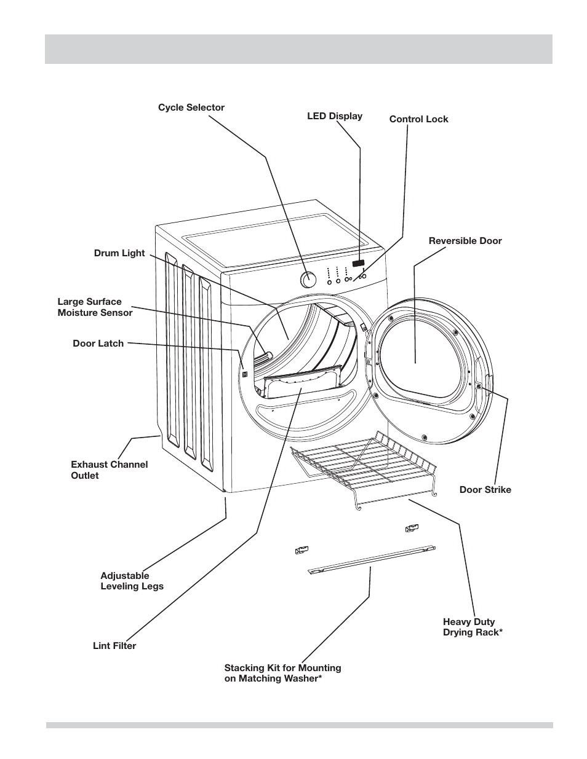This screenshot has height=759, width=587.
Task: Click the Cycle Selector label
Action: click(191, 108)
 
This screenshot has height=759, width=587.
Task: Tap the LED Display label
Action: click(335, 116)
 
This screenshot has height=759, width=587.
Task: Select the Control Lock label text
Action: click(418, 119)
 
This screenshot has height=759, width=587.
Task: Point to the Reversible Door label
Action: click(465, 241)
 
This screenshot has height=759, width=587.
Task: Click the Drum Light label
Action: click(119, 253)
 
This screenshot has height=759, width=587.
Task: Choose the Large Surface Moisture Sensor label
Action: click(95, 307)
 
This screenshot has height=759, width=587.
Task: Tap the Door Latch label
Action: click(98, 344)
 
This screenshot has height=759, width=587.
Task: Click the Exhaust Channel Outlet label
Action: click(109, 470)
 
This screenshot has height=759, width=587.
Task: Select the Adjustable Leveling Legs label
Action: click(132, 581)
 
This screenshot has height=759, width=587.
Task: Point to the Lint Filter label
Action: click(114, 646)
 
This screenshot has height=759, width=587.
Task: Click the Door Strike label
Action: click(485, 490)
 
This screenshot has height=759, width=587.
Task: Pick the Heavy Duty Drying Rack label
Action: click(473, 627)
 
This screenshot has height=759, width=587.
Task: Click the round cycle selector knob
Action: click(308, 280)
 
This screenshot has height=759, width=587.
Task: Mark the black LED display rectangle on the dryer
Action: click(358, 264)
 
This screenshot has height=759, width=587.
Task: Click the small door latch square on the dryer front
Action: click(244, 374)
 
